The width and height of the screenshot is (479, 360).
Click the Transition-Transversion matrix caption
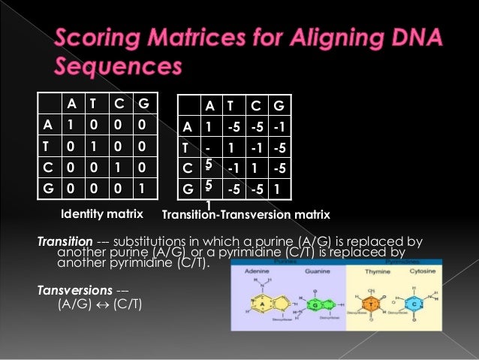246,216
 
